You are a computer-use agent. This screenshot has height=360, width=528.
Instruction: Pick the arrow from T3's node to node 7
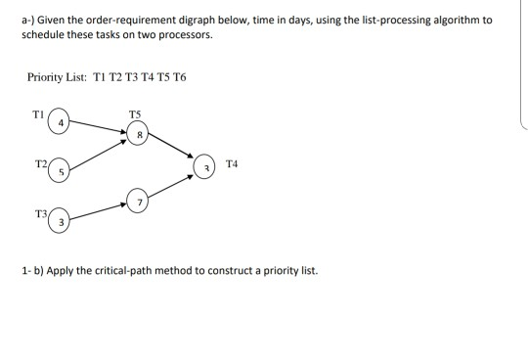(99, 211)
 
